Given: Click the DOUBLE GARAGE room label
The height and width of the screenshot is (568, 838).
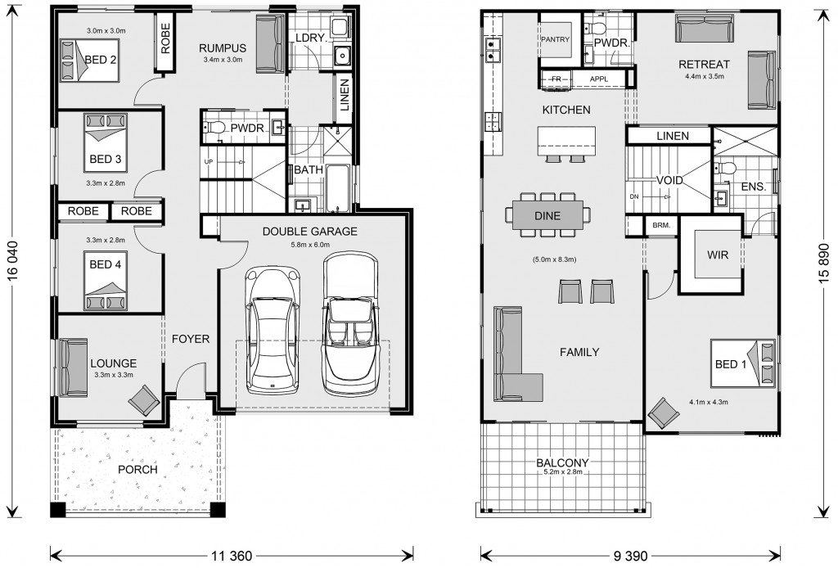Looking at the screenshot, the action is click(x=309, y=232).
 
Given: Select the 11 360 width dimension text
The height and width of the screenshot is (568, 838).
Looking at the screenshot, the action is click(x=232, y=557).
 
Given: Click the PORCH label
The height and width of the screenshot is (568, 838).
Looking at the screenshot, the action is click(x=137, y=470).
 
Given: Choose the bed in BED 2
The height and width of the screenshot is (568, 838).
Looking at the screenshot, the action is click(x=88, y=59).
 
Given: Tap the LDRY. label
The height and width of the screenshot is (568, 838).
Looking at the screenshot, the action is click(x=310, y=38).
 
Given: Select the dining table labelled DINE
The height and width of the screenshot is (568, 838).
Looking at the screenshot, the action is click(x=547, y=215).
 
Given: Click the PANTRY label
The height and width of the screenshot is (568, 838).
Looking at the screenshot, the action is click(x=556, y=39).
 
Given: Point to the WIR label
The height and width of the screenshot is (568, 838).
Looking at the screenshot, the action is click(x=718, y=255).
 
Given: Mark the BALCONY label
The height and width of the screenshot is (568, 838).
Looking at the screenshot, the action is click(x=562, y=462).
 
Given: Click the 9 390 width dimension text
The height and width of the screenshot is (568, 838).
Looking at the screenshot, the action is click(x=631, y=557).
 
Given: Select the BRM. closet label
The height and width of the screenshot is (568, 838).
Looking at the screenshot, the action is click(x=661, y=226).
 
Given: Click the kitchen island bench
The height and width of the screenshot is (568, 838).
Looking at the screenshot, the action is click(x=567, y=141).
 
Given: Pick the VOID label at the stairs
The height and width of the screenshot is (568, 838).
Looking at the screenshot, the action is click(x=669, y=181).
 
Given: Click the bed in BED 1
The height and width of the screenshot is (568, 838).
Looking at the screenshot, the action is click(x=743, y=363).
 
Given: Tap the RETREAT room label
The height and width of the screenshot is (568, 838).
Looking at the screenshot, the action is click(x=704, y=65).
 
